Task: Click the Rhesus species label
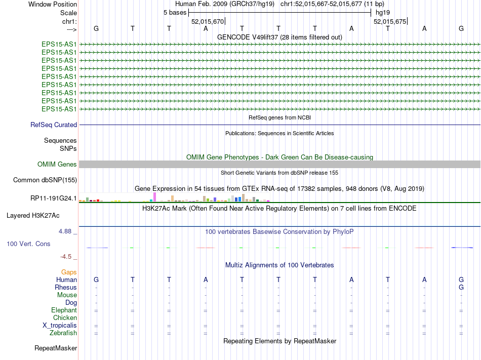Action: click(66, 288)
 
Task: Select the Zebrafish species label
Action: click(63, 333)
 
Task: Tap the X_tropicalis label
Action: click(60, 326)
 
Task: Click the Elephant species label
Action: click(64, 310)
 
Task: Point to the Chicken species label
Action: click(65, 318)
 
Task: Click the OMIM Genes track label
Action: click(57, 165)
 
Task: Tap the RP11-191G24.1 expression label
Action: click(54, 198)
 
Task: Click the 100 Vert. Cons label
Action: click(28, 244)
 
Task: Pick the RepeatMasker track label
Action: click(56, 348)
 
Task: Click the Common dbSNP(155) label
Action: click(45, 180)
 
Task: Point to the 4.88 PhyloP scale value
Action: click(67, 231)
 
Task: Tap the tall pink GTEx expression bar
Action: click(154, 197)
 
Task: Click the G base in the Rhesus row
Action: click(461, 288)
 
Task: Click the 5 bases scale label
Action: click(175, 12)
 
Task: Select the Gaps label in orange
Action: click(69, 272)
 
